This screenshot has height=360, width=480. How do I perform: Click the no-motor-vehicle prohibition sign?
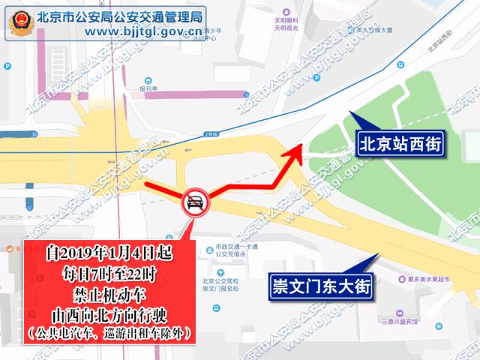coord(194,203)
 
